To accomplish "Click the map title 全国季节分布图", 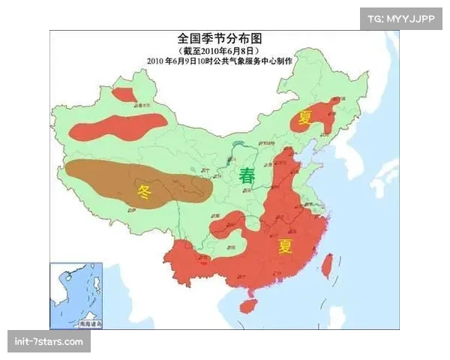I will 223,37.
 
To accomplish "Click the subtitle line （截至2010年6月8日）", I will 223,49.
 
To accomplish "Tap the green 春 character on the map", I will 247,177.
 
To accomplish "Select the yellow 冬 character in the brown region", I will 145,190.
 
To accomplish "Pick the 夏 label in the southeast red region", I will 285,246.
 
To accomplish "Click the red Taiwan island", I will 327,265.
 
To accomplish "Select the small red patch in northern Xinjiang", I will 124,95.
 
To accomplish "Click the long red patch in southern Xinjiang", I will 112,128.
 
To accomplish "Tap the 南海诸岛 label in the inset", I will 89,323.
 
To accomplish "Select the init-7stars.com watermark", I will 49,342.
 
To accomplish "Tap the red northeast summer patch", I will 319,116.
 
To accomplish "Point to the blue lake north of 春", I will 238,144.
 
